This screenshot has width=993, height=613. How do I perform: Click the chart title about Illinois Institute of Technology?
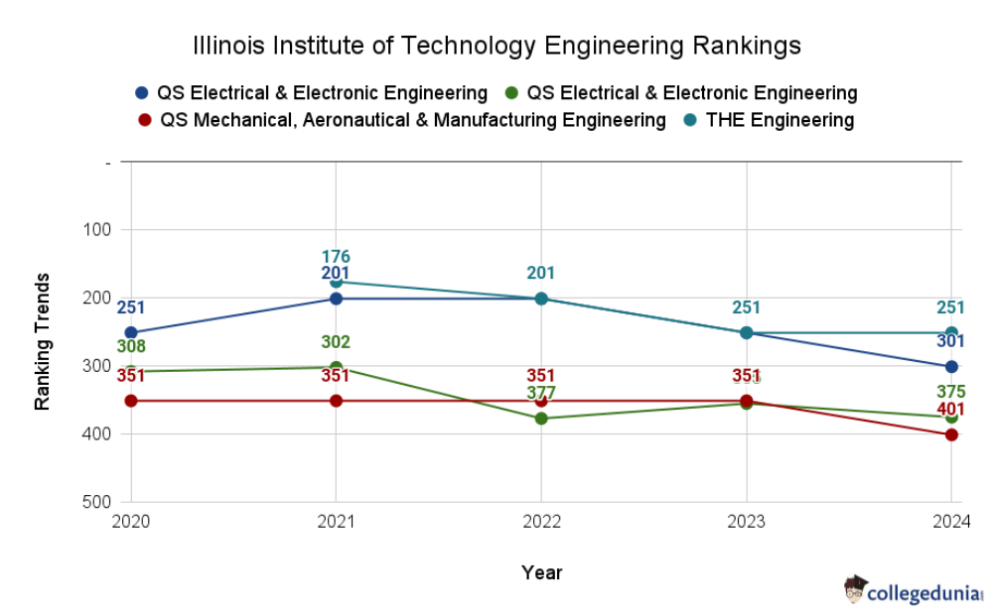(x=496, y=46)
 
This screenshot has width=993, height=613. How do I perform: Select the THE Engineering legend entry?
(x=779, y=120)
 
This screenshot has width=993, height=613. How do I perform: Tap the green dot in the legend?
(x=511, y=93)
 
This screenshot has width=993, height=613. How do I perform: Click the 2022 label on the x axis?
(x=541, y=522)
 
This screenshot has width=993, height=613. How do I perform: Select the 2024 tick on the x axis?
(x=950, y=522)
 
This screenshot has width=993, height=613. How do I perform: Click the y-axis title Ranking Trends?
(x=43, y=341)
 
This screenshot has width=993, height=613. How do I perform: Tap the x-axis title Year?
(x=541, y=572)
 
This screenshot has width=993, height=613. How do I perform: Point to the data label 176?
(x=336, y=258)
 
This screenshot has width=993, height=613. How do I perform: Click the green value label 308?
(x=131, y=347)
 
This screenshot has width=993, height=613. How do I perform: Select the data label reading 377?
(x=541, y=393)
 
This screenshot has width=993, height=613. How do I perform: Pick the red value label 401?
(x=950, y=409)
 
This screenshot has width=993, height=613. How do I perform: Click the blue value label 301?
(x=950, y=341)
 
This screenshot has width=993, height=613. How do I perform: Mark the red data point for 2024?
(x=951, y=434)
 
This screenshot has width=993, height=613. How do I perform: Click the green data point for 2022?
(x=541, y=419)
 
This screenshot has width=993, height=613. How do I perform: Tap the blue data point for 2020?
(x=131, y=332)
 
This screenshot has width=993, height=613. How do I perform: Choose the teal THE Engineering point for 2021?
(x=337, y=282)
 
